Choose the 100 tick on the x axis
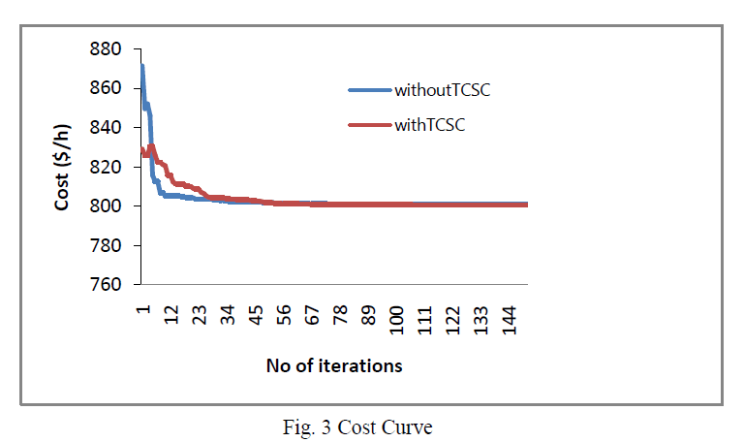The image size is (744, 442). [396, 319]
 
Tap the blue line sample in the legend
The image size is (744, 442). [369, 90]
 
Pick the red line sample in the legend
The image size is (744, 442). [369, 124]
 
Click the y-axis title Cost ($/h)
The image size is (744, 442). [63, 167]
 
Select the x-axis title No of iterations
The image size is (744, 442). [334, 366]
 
